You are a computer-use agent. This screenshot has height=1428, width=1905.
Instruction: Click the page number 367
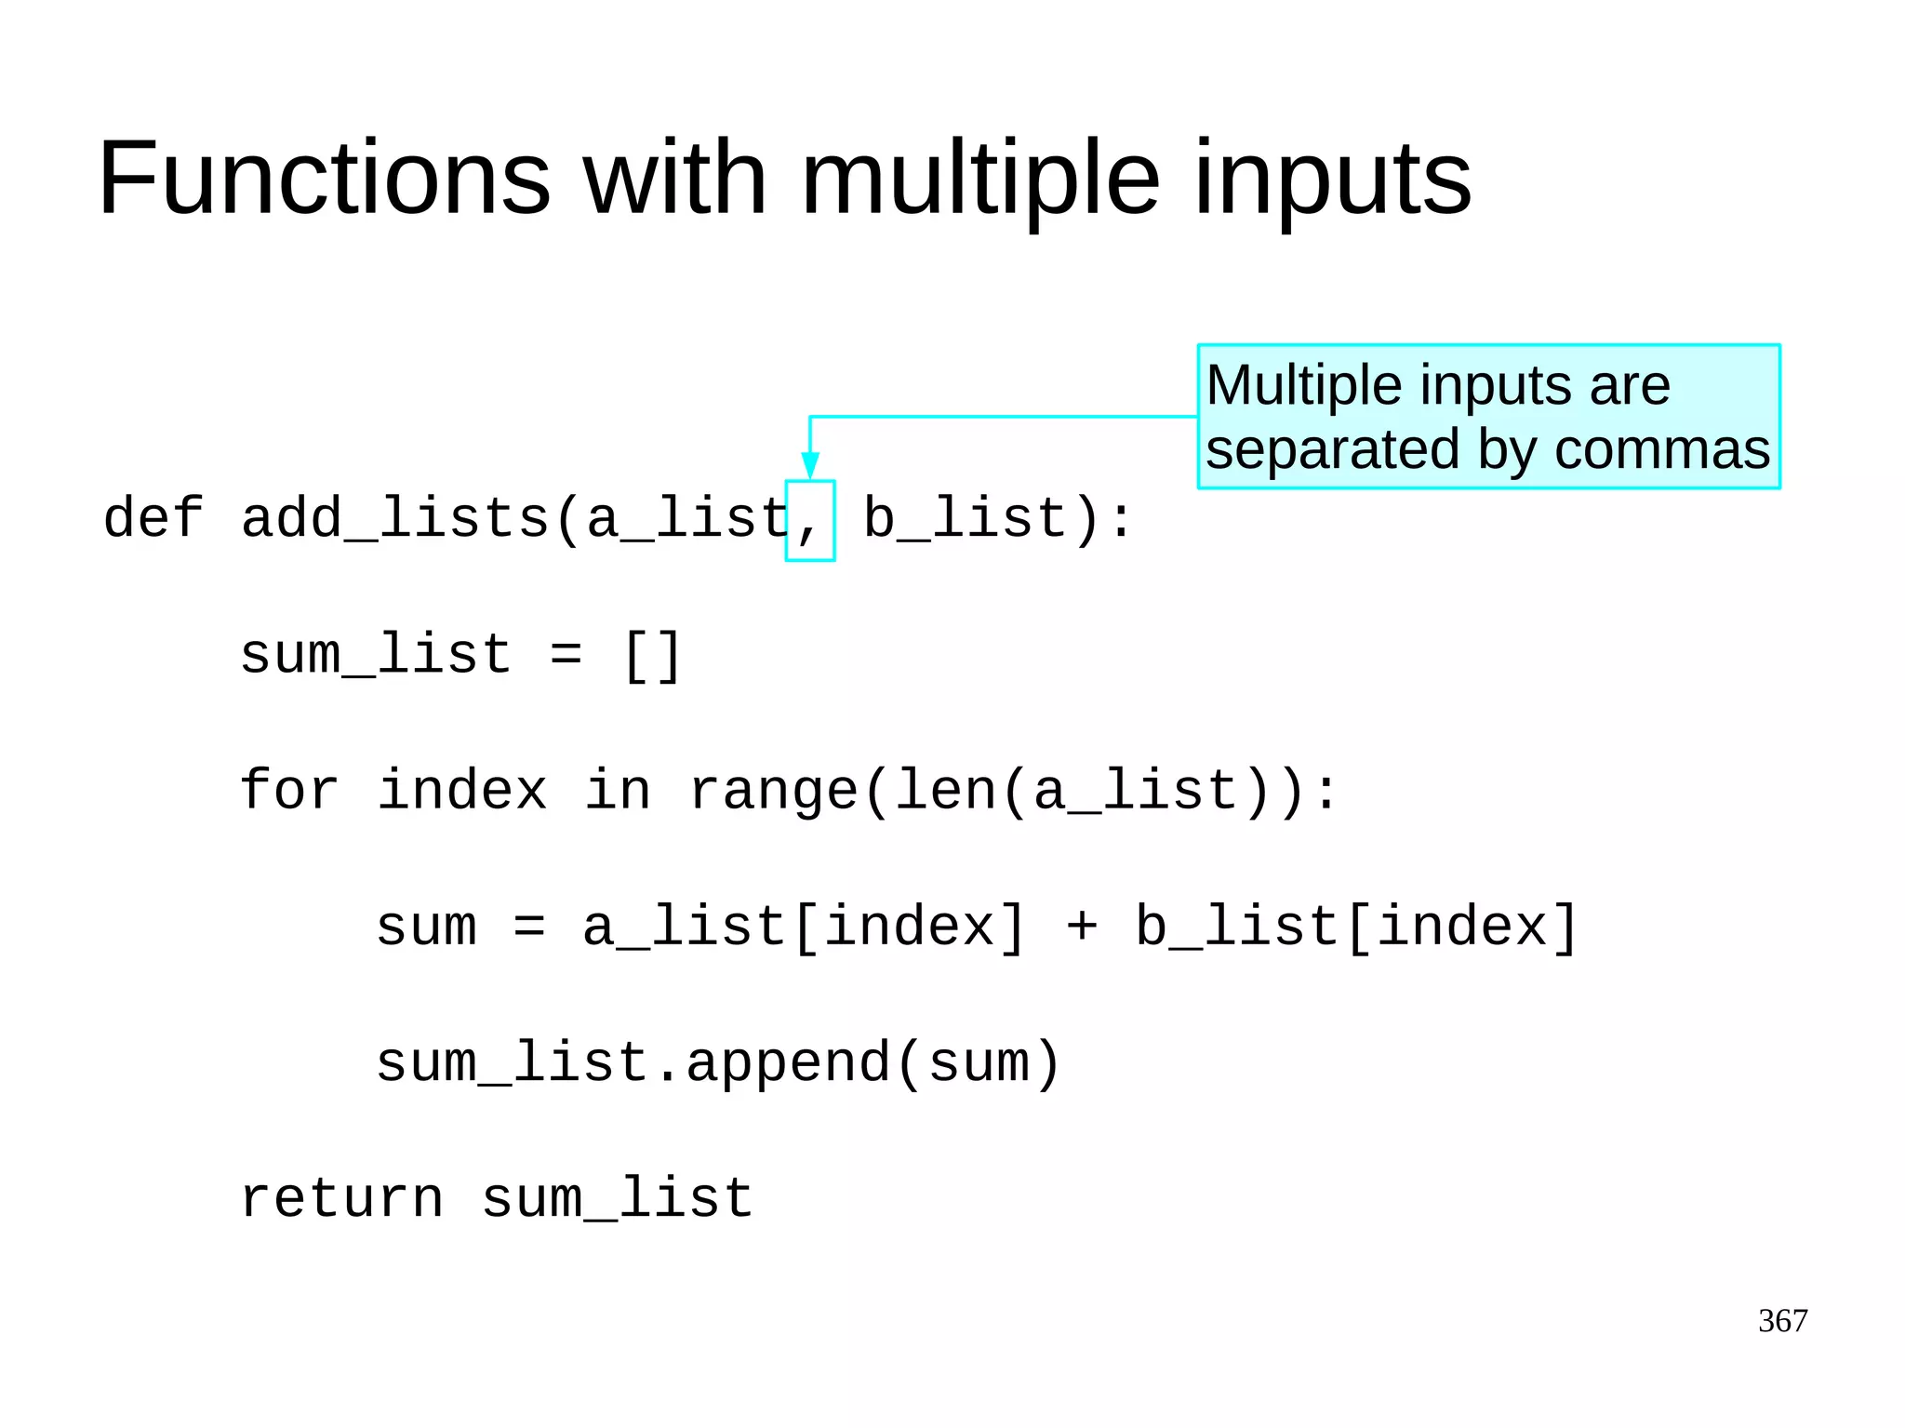click(x=1782, y=1320)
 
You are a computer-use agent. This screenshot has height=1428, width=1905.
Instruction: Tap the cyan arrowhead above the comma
click(x=809, y=464)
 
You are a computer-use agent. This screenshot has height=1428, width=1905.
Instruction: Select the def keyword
click(x=153, y=518)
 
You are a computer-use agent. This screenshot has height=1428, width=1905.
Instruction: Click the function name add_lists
click(x=395, y=518)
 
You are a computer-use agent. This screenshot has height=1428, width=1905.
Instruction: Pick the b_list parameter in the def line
click(x=965, y=518)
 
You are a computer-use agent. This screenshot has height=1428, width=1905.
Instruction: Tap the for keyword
click(x=288, y=791)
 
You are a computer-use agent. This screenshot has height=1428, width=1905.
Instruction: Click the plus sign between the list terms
click(x=1081, y=927)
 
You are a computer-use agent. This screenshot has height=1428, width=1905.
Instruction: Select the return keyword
click(x=341, y=1198)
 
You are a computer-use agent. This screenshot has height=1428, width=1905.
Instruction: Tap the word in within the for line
click(x=618, y=791)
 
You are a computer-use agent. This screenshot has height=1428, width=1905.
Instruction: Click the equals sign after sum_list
click(x=566, y=655)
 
